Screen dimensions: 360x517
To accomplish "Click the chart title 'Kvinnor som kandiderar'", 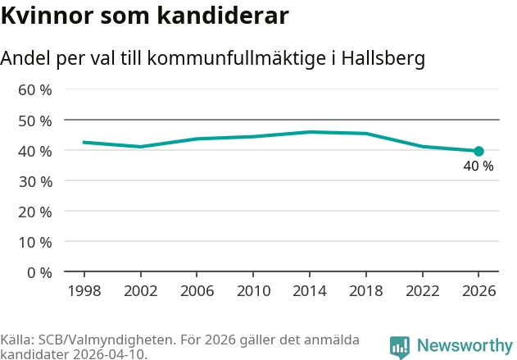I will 144,16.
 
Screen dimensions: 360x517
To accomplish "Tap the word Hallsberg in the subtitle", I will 383,59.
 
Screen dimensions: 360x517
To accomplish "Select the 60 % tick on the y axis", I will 35,89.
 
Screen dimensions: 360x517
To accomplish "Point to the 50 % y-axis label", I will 35,121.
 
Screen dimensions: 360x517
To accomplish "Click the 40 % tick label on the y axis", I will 35,151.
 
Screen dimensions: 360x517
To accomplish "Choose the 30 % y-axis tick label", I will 35,181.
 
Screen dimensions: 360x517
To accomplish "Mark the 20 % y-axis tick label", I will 35,212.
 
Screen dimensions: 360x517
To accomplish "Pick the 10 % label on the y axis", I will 35,242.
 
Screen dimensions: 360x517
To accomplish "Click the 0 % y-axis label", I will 39,272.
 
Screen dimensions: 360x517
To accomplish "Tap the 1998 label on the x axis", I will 84,291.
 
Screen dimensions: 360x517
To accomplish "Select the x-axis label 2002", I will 141,291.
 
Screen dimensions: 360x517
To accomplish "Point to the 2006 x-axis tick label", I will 197,291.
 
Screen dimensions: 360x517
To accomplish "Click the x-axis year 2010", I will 253,291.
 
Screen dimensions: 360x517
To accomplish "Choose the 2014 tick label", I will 310,291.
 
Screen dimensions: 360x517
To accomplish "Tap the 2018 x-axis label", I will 365,291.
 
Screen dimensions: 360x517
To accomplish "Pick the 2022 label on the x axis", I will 422,291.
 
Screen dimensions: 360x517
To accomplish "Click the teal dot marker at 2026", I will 478,151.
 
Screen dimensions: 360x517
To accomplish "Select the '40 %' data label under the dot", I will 478,166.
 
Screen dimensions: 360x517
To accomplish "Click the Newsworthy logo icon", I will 400,346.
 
